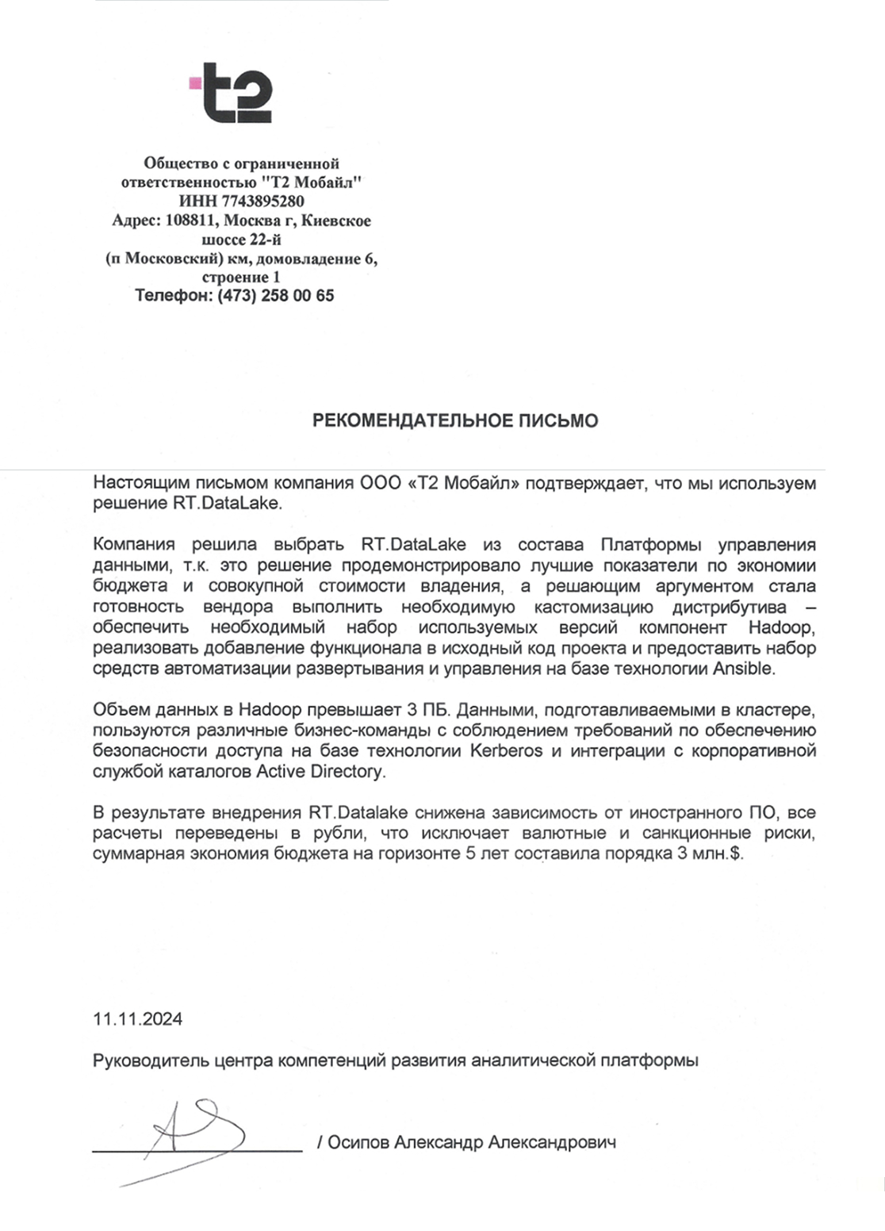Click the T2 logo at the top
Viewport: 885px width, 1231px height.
pyautogui.click(x=232, y=94)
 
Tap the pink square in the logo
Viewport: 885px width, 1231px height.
pyautogui.click(x=194, y=82)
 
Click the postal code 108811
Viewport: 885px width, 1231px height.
pyautogui.click(x=191, y=221)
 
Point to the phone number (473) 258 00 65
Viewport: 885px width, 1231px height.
pyautogui.click(x=276, y=296)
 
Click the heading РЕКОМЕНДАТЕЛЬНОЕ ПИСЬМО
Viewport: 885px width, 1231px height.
pyautogui.click(x=454, y=420)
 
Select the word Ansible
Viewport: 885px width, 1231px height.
pyautogui.click(x=742, y=669)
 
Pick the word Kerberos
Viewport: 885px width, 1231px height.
pyautogui.click(x=507, y=750)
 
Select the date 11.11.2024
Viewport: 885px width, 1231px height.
pyautogui.click(x=137, y=1019)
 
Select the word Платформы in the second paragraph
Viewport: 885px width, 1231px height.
pyautogui.click(x=652, y=545)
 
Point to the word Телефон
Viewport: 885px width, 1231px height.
pyautogui.click(x=171, y=296)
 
